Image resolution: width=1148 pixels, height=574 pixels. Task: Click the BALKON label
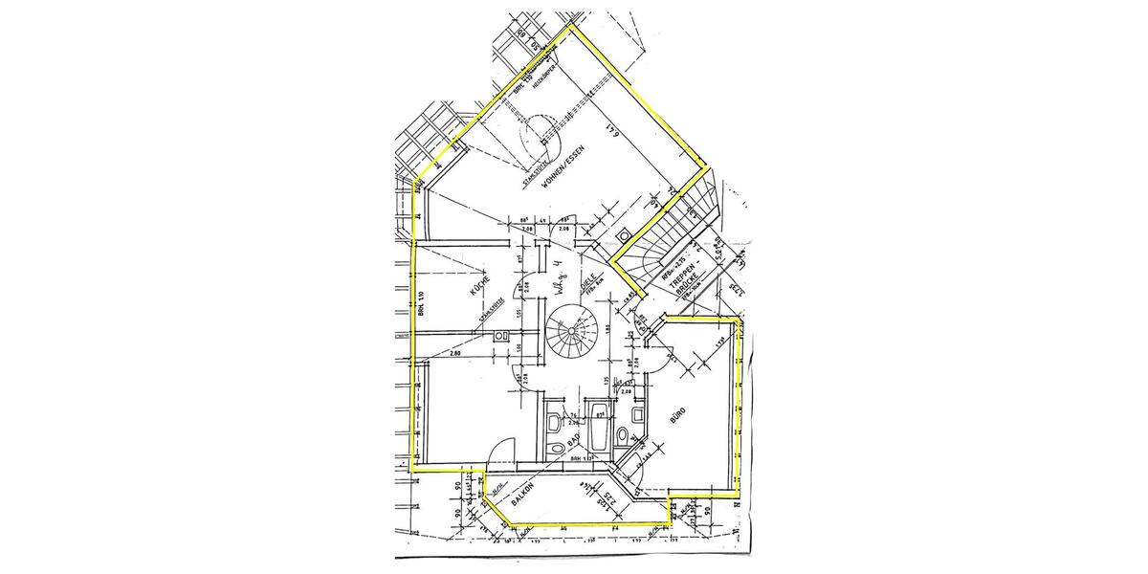tap(522, 495)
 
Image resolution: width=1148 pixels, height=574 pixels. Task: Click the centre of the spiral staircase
tap(571, 334)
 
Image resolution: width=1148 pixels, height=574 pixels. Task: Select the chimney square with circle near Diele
tap(624, 234)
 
